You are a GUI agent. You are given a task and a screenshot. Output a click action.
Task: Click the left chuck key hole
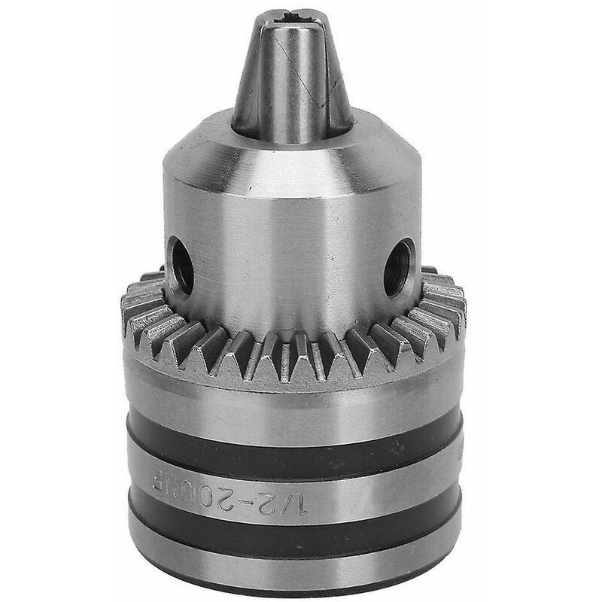(181, 266)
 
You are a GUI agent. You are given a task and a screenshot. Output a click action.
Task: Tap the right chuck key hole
(400, 267)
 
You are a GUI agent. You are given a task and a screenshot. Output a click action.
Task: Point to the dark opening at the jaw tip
(295, 17)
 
